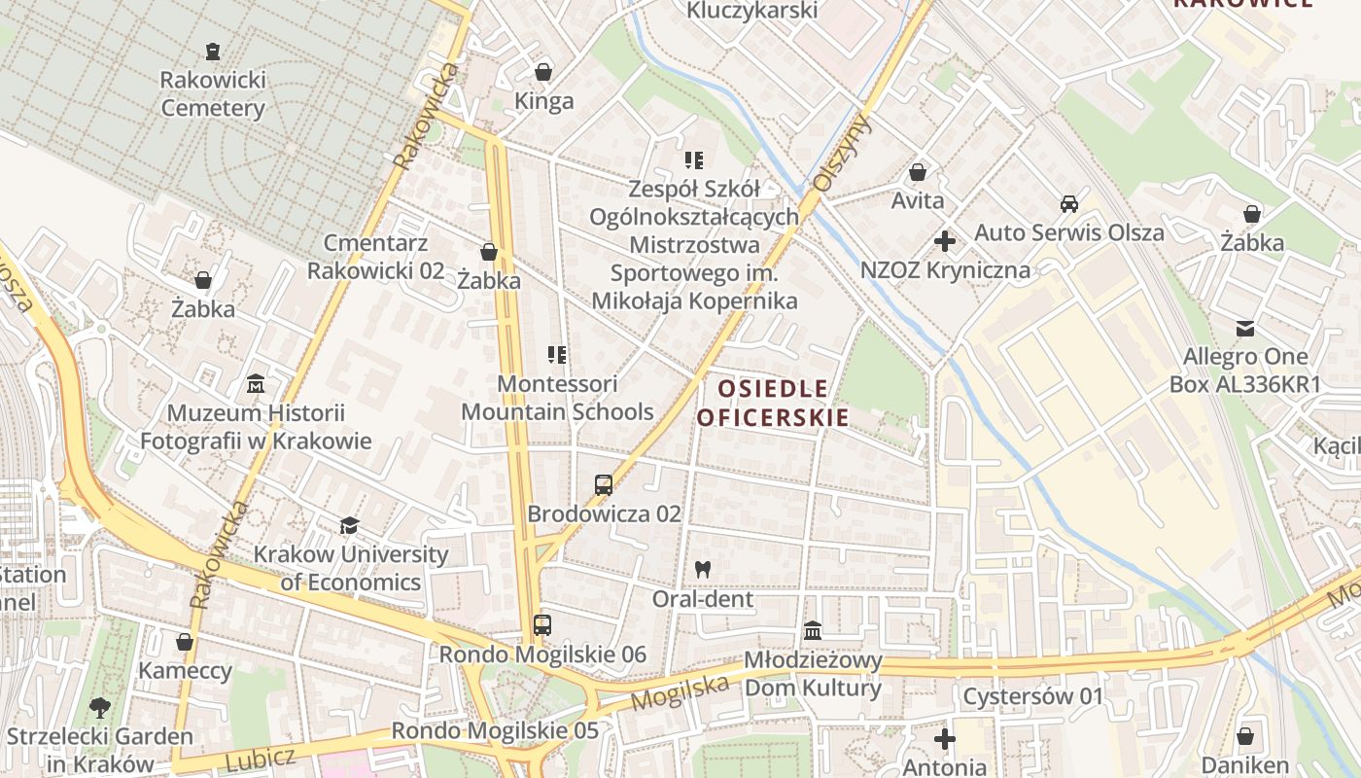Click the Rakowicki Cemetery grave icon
point(212,51)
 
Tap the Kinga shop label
point(543,101)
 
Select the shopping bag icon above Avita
point(917,173)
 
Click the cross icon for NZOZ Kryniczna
point(944,240)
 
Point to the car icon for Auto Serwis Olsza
point(1068,204)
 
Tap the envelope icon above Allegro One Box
point(1244,328)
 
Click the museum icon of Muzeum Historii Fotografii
point(256,384)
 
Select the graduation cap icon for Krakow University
point(349,526)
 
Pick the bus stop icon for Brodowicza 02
point(604,484)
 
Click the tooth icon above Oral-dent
point(702,570)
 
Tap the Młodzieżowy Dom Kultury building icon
point(813,631)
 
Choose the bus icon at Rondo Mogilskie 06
point(542,625)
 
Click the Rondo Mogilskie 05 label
point(494,730)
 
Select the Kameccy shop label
point(185,671)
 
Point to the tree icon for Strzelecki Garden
point(99,707)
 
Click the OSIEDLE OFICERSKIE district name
point(773,404)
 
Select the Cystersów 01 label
point(1033,696)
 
